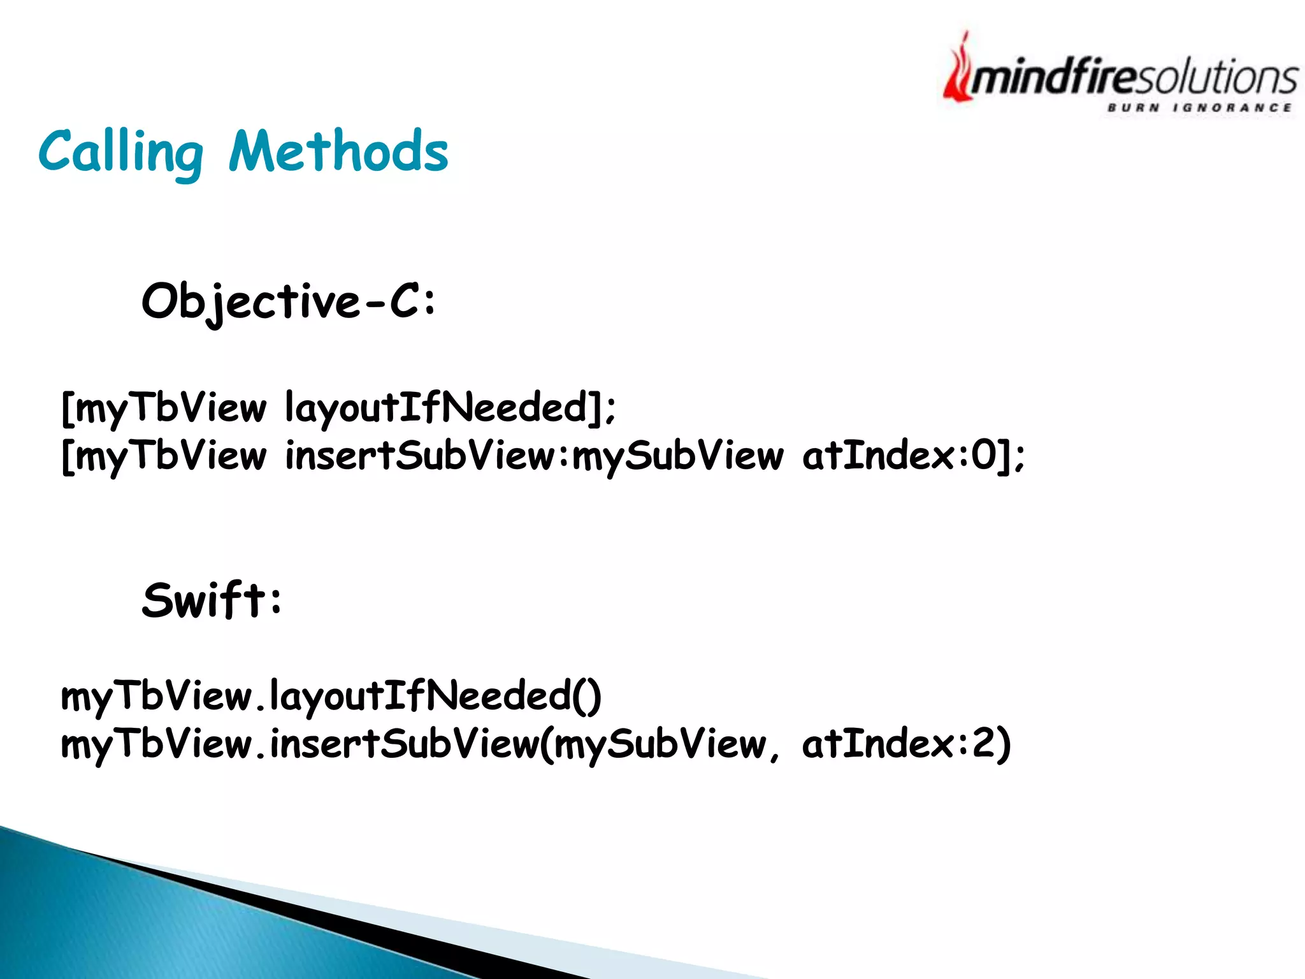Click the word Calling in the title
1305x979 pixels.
[x=121, y=152]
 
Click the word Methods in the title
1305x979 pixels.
[x=339, y=152]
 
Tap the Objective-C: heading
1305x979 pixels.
[x=289, y=301]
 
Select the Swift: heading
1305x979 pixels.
[x=212, y=600]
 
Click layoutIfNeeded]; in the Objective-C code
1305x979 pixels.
[x=451, y=408]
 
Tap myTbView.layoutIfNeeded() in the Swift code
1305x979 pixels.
[x=331, y=696]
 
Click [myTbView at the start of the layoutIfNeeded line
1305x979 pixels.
[x=164, y=408]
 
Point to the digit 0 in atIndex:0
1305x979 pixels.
[x=984, y=455]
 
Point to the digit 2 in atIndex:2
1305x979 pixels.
[x=982, y=743]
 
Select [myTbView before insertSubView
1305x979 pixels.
[x=164, y=456]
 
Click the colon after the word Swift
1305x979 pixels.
[x=275, y=601]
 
